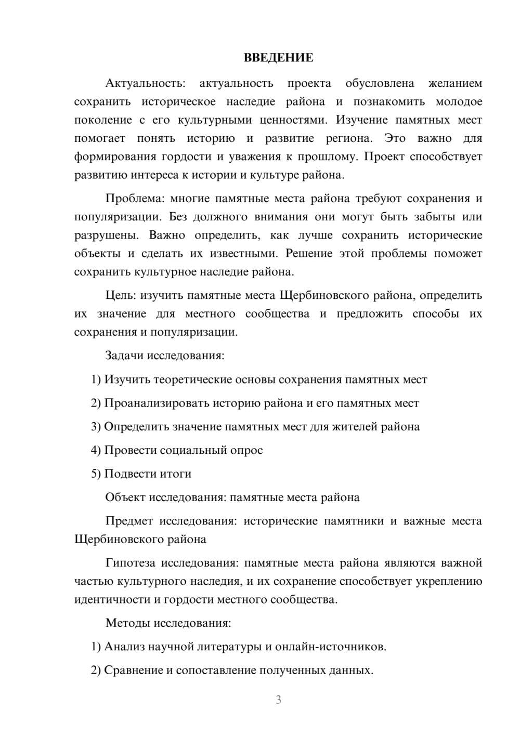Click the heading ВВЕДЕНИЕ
[x=278, y=58]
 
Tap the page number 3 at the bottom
[x=278, y=700]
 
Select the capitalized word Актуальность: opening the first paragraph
[x=145, y=83]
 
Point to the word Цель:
[x=121, y=295]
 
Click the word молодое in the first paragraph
[x=459, y=101]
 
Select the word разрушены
[x=106, y=235]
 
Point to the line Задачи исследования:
[x=165, y=356]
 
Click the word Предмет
[x=129, y=521]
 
